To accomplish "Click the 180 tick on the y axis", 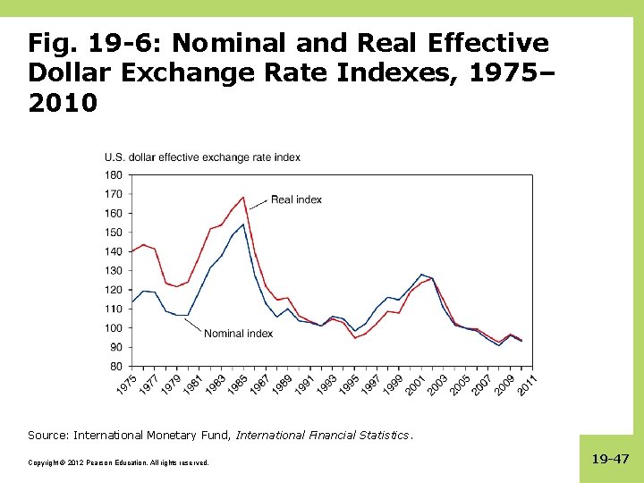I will tap(114, 174).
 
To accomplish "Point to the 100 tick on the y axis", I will tap(114, 327).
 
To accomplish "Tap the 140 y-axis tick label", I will tap(114, 251).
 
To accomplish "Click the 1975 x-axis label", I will tap(126, 386).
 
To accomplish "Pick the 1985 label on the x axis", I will tap(237, 386).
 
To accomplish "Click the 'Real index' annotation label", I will tap(296, 199).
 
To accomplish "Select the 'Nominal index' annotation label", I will tap(238, 334).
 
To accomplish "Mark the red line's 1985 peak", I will tap(243, 198).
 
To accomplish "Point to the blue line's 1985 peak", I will tap(243, 224).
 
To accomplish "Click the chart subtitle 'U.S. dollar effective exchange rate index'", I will tap(202, 157).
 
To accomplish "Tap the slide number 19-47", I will tap(610, 459).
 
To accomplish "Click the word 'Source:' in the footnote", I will tap(48, 436).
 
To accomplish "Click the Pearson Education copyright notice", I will tap(118, 462).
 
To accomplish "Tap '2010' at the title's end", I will tap(63, 104).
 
